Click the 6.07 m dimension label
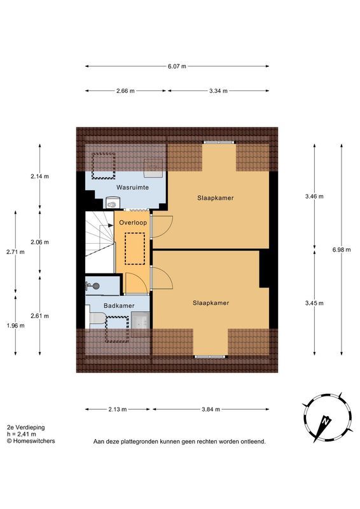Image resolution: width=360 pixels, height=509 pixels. [177, 67]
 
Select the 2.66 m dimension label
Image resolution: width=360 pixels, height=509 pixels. [125, 91]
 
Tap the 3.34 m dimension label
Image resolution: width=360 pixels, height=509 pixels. [218, 91]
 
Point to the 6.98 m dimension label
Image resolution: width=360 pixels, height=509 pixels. [342, 249]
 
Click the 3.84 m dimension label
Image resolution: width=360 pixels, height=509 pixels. [211, 409]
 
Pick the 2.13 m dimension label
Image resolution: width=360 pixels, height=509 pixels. [118, 409]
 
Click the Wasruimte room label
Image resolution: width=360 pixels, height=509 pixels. [132, 187]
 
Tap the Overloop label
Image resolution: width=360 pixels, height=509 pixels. [133, 223]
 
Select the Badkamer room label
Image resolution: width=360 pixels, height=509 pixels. [119, 306]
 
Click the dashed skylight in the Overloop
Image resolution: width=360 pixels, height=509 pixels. [135, 249]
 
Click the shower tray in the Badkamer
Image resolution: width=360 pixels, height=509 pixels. [140, 321]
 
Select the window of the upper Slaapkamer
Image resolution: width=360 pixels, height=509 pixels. [218, 142]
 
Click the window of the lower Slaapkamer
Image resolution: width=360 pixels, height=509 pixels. [210, 357]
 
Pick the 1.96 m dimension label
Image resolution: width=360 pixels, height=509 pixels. [15, 326]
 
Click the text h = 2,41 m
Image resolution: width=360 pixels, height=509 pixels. [22, 434]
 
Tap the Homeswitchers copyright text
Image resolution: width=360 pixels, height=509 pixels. [31, 441]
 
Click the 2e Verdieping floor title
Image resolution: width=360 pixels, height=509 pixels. [25, 427]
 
